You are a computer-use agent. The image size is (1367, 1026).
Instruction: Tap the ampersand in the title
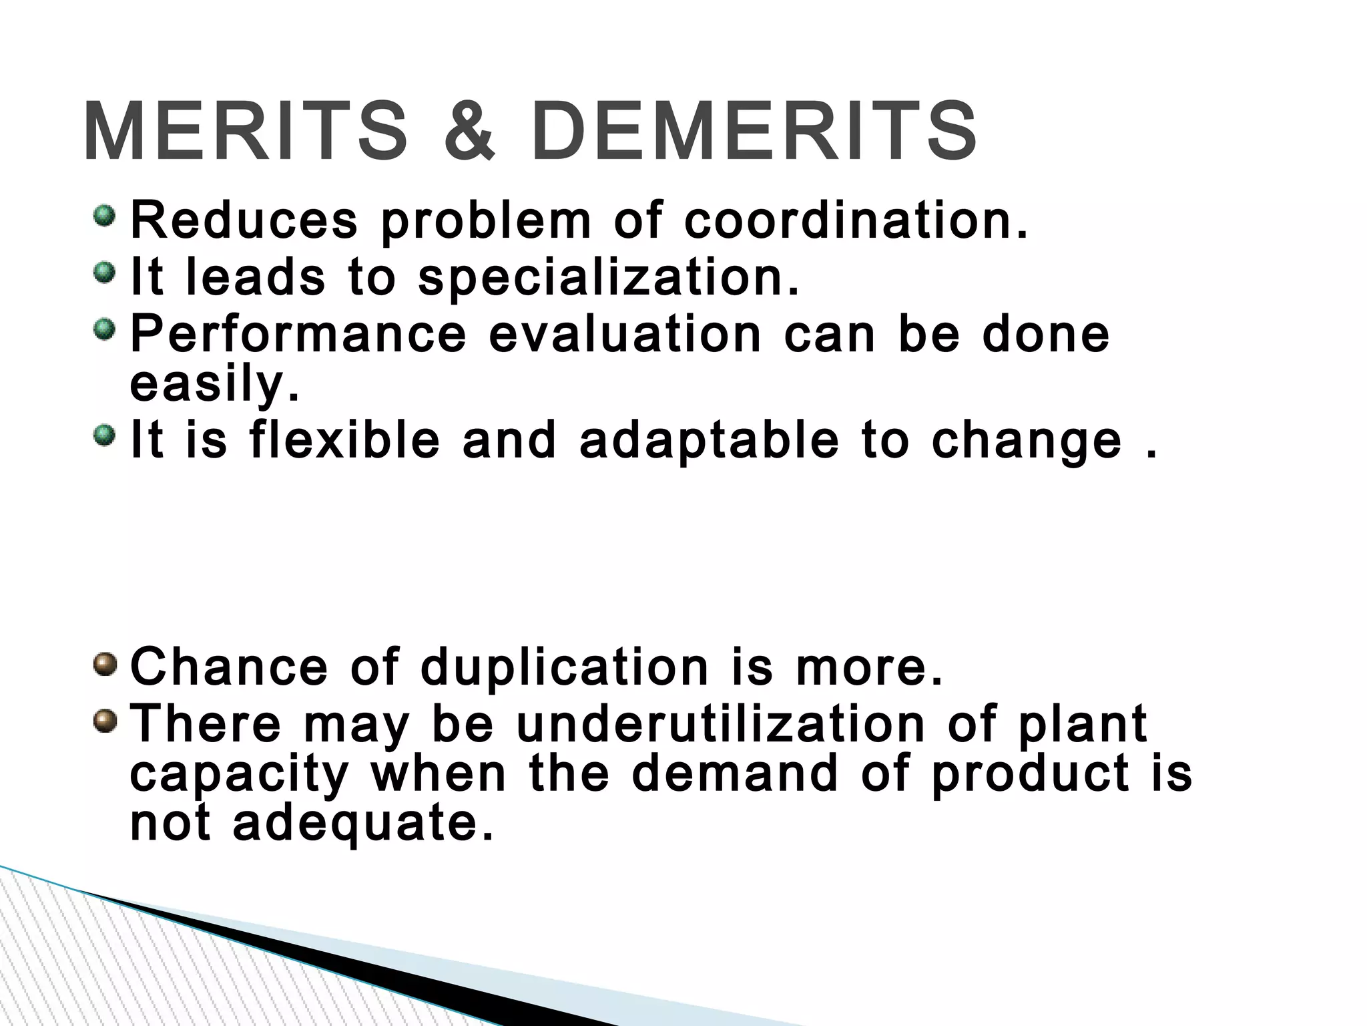[469, 131]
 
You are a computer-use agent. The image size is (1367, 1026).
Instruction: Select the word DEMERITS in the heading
[755, 131]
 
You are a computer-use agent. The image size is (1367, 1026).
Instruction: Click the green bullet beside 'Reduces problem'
[104, 216]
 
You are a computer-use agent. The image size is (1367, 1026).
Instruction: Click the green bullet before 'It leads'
[104, 273]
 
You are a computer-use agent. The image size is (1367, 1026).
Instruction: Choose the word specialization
[608, 277]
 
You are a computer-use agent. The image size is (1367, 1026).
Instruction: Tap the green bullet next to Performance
[104, 329]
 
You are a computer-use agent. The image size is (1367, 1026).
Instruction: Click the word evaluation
[625, 333]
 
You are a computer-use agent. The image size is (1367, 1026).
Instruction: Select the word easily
[214, 384]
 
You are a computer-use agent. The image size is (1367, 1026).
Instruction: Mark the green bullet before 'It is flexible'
[104, 436]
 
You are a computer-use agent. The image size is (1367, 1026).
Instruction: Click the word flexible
[344, 440]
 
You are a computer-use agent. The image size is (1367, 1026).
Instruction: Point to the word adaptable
[709, 440]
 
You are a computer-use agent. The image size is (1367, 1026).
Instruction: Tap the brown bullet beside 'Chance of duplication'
[104, 663]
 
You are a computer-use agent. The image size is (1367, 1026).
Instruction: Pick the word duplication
[565, 668]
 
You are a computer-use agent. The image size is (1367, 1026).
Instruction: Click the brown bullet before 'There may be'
[104, 720]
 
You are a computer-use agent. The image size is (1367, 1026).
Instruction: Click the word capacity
[239, 774]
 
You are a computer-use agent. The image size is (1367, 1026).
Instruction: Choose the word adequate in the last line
[363, 823]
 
